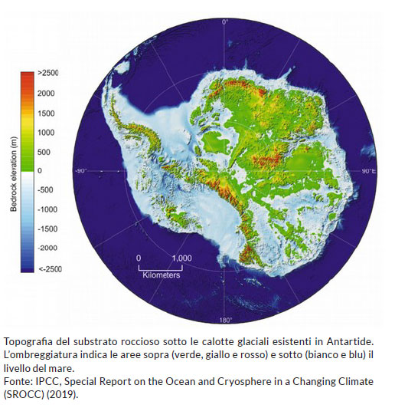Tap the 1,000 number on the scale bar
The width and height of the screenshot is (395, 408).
click(181, 258)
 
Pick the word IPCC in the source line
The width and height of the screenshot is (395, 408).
click(44, 381)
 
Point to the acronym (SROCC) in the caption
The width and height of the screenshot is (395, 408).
click(23, 394)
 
